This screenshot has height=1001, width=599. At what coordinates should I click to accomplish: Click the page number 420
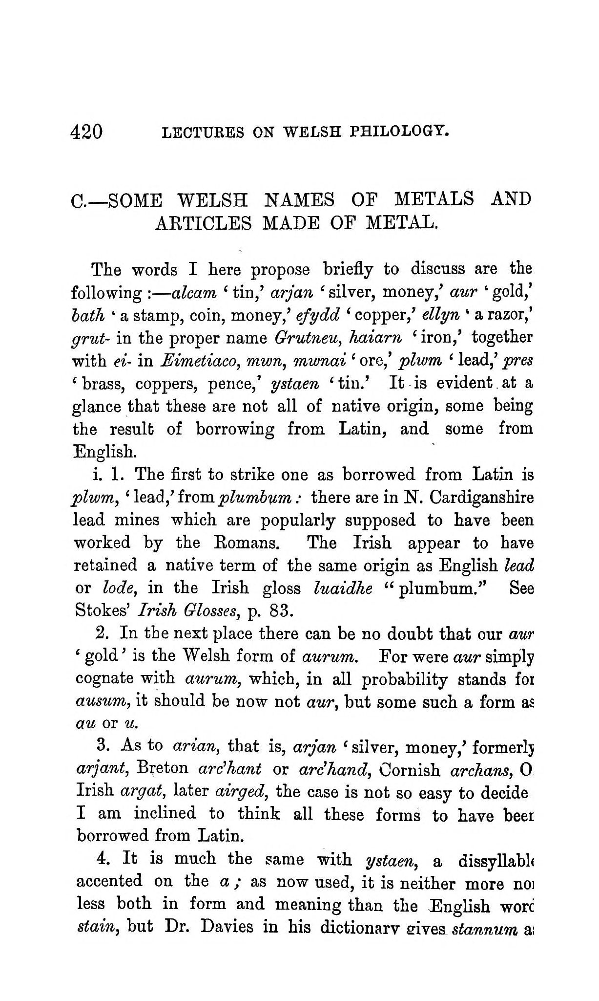click(x=87, y=132)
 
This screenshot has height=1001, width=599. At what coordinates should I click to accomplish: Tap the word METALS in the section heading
click(x=434, y=199)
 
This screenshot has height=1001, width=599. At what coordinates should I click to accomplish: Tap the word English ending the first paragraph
click(x=103, y=451)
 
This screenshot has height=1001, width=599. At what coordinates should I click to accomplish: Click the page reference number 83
click(x=279, y=610)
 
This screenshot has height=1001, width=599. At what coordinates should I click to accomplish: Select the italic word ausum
click(x=101, y=701)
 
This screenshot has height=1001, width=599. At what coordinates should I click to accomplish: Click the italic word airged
click(x=240, y=791)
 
